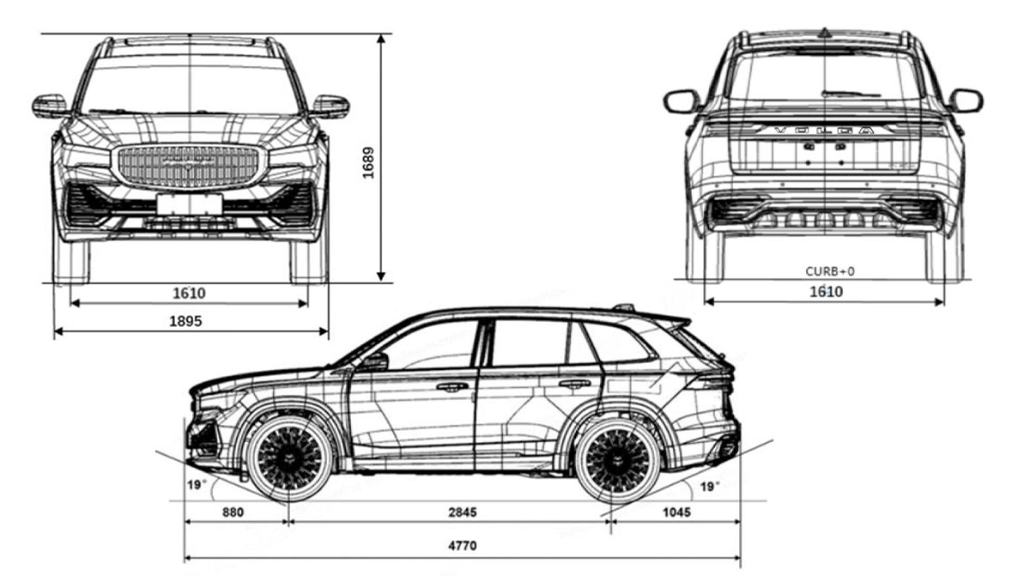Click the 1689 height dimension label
pyautogui.click(x=367, y=160)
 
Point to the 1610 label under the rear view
pyautogui.click(x=825, y=292)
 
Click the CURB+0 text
pyautogui.click(x=829, y=271)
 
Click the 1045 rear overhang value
pyautogui.click(x=676, y=512)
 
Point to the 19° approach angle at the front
pyautogui.click(x=197, y=485)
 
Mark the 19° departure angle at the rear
pyautogui.click(x=708, y=487)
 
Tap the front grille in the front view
pyautogui.click(x=187, y=166)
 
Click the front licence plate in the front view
pyautogui.click(x=189, y=204)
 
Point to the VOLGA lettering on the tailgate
pyautogui.click(x=824, y=131)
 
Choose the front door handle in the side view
pyautogui.click(x=451, y=386)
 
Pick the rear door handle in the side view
pyautogui.click(x=574, y=384)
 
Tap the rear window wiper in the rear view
pyautogui.click(x=850, y=93)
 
